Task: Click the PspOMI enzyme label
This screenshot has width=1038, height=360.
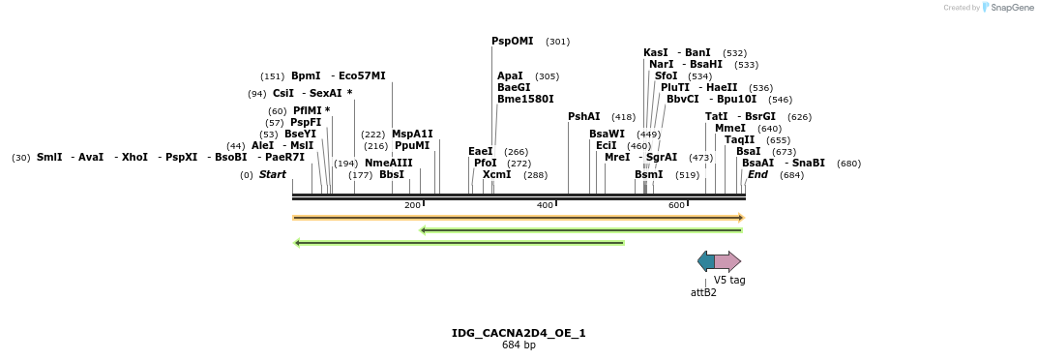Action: point(512,42)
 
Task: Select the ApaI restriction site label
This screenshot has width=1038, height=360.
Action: point(510,75)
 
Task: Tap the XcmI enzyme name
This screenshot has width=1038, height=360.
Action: point(496,174)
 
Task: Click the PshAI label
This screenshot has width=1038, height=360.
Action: point(583,116)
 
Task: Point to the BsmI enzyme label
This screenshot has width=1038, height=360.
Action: point(648,174)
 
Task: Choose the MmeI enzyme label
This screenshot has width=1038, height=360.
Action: point(729,128)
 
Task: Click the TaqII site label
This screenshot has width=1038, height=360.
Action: point(739,139)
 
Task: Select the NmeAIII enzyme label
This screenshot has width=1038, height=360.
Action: point(388,163)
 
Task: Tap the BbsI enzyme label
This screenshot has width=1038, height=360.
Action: point(391,174)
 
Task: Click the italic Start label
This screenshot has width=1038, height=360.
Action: point(272,174)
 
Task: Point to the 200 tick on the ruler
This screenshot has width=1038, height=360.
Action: point(413,205)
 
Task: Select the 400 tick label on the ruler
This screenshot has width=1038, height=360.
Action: point(546,205)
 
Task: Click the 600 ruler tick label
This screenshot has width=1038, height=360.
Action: point(677,205)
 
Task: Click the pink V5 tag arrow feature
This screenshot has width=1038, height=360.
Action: point(727,261)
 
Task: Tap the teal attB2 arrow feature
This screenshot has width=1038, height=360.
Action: point(706,261)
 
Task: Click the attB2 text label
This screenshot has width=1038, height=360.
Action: point(703,291)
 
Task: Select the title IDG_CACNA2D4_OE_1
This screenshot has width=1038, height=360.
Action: point(519,333)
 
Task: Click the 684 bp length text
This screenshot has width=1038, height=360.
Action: point(519,345)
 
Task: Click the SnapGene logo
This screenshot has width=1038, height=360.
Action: point(1004,8)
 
